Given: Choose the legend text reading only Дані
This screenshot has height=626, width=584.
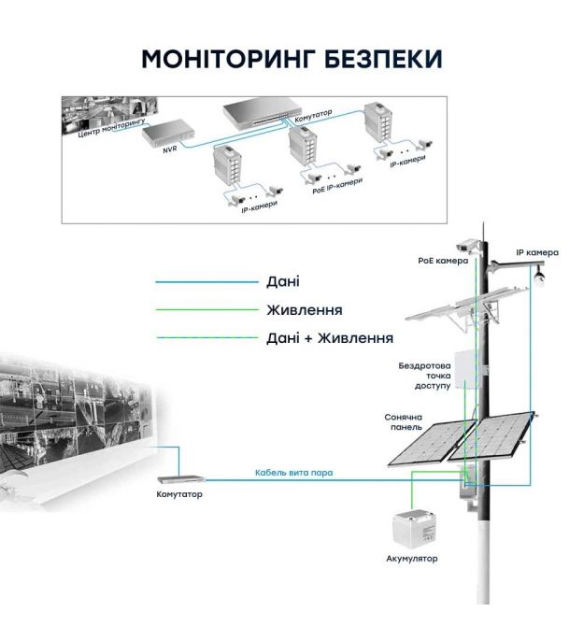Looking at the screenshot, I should pos(283,281).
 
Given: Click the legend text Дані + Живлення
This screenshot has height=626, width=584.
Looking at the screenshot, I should pos(329,337).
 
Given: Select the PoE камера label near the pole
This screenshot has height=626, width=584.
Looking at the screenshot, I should pos(442,262).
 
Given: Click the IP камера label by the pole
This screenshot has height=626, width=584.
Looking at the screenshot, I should pos(537,252).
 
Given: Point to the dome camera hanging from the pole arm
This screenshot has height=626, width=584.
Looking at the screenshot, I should pos(539,277).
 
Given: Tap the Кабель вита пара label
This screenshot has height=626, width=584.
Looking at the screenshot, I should pos(293,473).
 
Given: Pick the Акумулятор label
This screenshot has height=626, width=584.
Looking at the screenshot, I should pos(411,558).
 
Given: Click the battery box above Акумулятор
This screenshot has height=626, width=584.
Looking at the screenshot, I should pos(412,528).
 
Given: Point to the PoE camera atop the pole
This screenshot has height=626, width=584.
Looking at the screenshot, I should pos(470,245).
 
